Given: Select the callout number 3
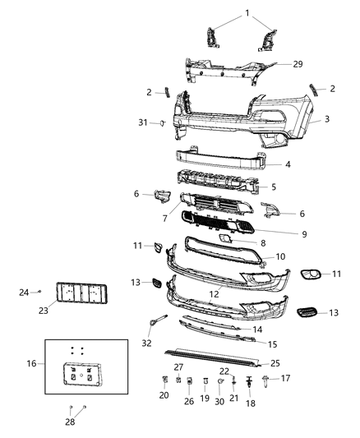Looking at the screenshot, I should point(327,120).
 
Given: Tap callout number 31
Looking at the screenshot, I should point(144,122).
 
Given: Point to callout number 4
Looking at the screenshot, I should point(286,164).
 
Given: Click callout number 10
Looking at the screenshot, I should point(280,256).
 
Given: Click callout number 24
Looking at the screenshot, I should point(24,292).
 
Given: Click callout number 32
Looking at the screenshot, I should point(147,343).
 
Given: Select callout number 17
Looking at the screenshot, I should point(286,378).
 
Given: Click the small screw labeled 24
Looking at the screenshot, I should point(39,292).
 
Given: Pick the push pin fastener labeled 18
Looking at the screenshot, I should point(250,382).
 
